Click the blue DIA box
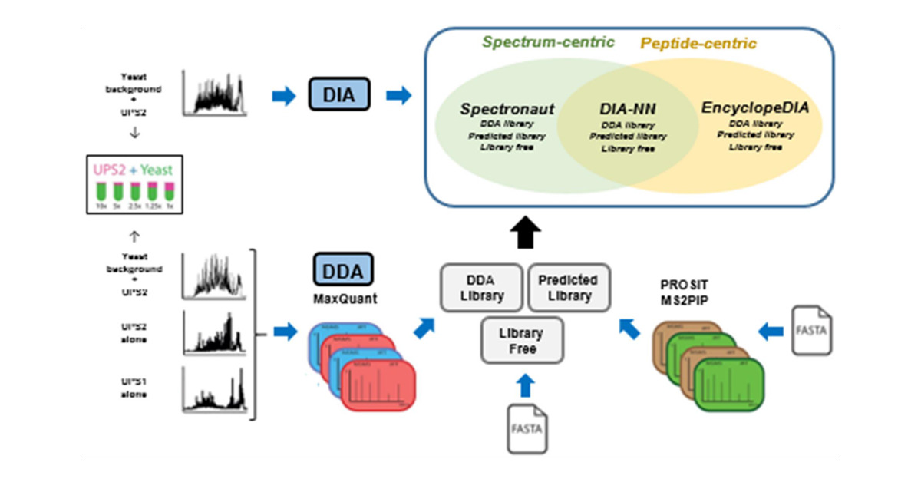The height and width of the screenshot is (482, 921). [339, 95]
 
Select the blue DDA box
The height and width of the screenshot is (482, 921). [343, 270]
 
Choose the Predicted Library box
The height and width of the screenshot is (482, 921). [567, 288]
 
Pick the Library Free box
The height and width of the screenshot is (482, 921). [522, 341]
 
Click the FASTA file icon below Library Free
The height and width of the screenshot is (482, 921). [527, 427]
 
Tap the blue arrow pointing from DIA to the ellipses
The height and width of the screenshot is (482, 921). [398, 96]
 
